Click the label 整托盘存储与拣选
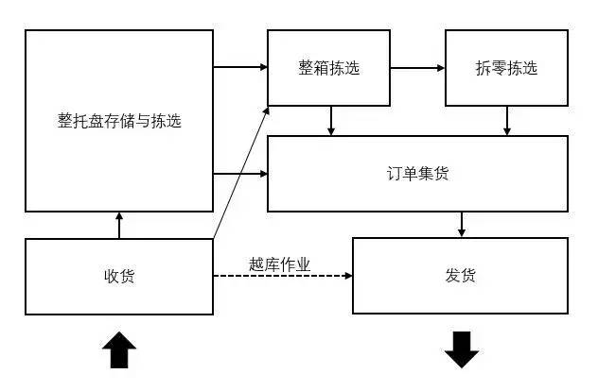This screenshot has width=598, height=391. click(119, 121)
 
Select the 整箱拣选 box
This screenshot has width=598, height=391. click(328, 68)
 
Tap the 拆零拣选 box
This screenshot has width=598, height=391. click(506, 68)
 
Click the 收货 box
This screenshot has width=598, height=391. click(119, 276)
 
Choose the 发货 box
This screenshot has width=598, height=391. click(461, 276)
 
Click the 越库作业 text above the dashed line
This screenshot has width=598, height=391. click(280, 264)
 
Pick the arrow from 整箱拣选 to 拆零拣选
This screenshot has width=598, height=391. click(416, 68)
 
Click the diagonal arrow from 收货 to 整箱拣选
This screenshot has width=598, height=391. click(241, 175)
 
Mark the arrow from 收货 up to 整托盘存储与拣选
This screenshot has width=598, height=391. click(119, 225)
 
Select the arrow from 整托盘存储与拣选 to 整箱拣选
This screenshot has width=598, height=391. click(240, 68)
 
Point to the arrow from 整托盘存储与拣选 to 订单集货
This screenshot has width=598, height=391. click(240, 173)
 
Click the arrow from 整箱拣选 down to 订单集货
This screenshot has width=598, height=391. click(330, 120)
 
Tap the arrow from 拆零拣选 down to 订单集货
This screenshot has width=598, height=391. click(508, 120)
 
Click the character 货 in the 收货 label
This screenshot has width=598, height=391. click(127, 276)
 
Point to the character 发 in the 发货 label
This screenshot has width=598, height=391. click(452, 276)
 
